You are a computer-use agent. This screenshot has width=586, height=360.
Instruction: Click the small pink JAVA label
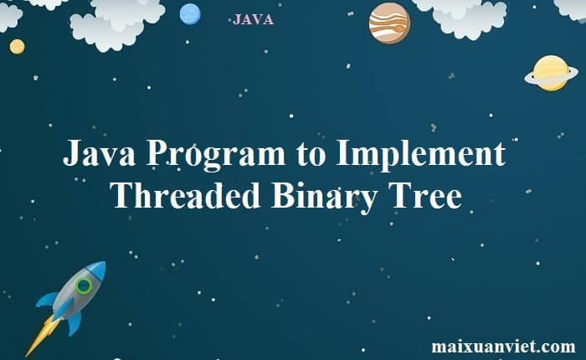point(253,19)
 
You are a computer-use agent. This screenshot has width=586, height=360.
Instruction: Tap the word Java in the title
point(99,153)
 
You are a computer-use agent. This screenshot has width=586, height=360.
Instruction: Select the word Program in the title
point(216,155)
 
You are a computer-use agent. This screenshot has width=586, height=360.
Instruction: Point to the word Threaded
point(185,195)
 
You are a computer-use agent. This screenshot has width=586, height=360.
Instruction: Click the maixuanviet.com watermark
point(503,346)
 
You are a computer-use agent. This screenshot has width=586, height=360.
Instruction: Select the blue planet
point(190,14)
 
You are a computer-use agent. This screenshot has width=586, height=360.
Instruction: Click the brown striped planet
point(389,23)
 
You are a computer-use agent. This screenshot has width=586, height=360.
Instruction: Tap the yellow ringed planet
point(551,74)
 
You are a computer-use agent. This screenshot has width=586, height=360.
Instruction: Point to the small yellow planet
point(18,47)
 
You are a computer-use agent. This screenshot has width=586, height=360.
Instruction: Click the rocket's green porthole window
point(84,285)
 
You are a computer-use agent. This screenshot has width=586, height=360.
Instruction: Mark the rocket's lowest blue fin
point(75,323)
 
